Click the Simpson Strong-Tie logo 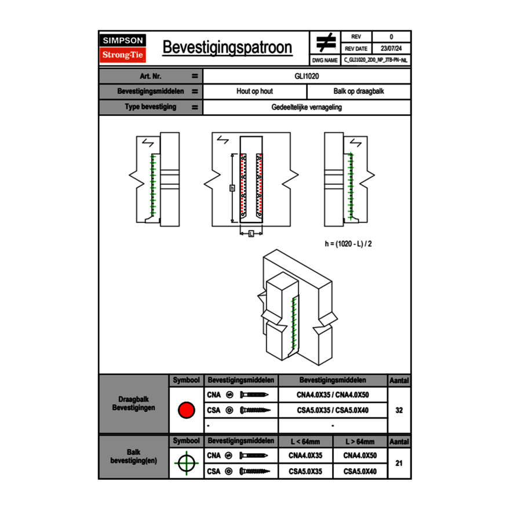click(x=123, y=48)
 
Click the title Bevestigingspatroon click(x=227, y=48)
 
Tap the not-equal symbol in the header click(x=326, y=42)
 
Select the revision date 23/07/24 click(x=391, y=48)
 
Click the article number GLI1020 click(x=307, y=76)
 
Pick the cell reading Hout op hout click(x=254, y=92)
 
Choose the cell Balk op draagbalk click(x=359, y=92)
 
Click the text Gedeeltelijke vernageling click(x=307, y=107)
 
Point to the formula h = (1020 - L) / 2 click(x=348, y=244)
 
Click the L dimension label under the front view click(x=251, y=234)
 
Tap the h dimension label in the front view click(x=231, y=188)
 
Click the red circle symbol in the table click(x=186, y=410)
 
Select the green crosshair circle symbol click(x=186, y=463)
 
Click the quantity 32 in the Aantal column click(x=399, y=410)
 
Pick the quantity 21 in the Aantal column click(x=399, y=463)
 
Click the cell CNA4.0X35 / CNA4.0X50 click(x=333, y=395)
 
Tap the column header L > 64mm click(x=360, y=442)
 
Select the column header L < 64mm click(x=305, y=442)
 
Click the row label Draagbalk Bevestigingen click(x=133, y=404)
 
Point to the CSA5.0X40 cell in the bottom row click(x=360, y=472)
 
